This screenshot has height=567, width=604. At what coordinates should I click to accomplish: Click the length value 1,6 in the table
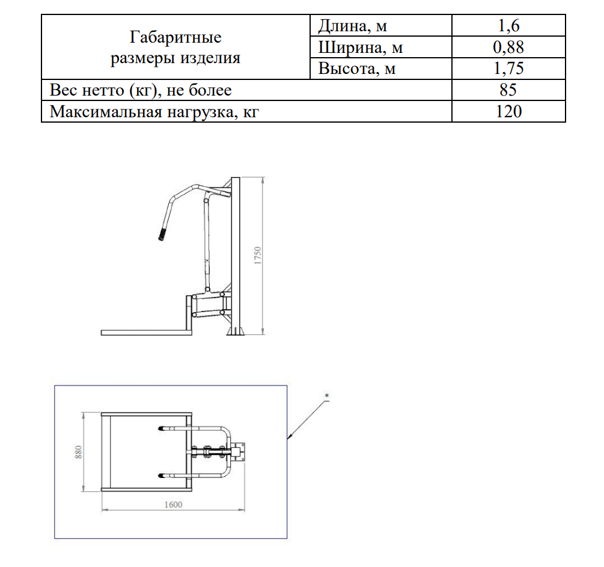(x=508, y=26)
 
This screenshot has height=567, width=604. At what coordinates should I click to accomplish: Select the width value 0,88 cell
(x=508, y=47)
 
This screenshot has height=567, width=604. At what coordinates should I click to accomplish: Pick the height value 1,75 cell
(x=508, y=69)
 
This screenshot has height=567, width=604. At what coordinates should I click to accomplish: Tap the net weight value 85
(x=508, y=90)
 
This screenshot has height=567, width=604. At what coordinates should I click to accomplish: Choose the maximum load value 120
(x=508, y=111)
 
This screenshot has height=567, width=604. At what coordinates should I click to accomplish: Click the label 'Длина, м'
(x=352, y=26)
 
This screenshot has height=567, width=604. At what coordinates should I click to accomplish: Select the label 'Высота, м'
(x=357, y=69)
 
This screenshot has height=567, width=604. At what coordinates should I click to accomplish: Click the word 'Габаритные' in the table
(x=175, y=37)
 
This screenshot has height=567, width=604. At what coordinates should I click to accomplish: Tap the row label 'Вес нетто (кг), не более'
(x=141, y=90)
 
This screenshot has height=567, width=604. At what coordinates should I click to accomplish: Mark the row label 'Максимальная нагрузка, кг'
(x=154, y=111)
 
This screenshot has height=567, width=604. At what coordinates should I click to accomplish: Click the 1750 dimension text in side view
(x=258, y=256)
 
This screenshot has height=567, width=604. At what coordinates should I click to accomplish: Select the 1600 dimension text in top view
(x=172, y=505)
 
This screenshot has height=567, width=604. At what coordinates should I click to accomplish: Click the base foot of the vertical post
(x=234, y=331)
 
